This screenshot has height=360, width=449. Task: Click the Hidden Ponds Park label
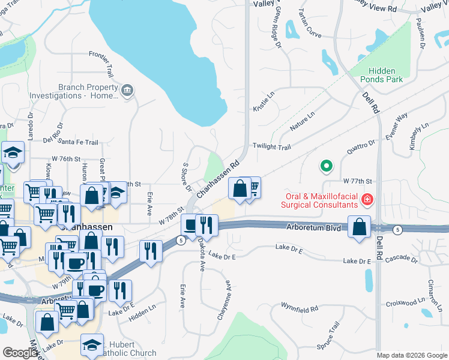point(385,74)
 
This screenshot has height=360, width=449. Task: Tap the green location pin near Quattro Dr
point(326,164)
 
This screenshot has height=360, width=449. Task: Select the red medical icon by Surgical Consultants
point(366,198)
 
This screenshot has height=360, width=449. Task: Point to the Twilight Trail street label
point(271,146)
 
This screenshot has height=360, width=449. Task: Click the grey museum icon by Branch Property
point(127,91)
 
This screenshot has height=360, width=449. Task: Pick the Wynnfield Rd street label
point(300,309)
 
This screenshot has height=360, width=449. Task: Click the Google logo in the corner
point(20,353)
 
